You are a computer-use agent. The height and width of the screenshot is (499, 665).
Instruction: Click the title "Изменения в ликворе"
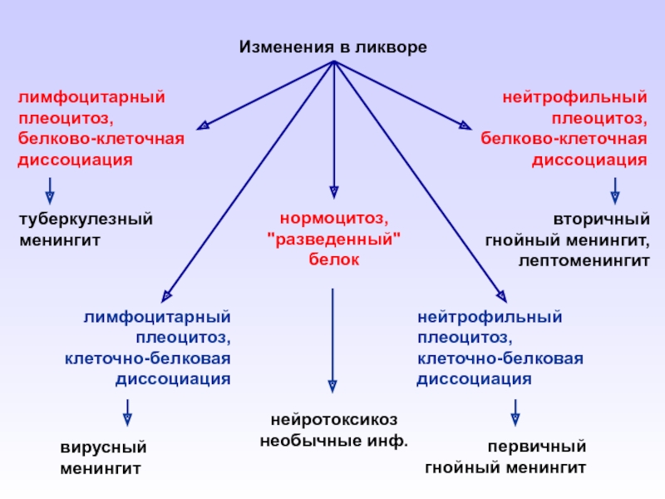(x=332, y=47)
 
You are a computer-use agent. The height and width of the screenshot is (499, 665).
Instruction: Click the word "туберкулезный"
(x=86, y=220)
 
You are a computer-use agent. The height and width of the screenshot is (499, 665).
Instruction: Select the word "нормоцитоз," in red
(x=333, y=220)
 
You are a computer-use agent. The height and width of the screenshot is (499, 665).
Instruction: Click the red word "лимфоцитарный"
(x=91, y=97)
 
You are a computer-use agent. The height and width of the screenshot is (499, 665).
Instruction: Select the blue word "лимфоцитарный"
(x=156, y=318)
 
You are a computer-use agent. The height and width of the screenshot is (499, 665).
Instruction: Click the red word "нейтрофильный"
(x=574, y=97)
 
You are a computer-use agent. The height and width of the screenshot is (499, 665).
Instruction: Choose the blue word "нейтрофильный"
(x=490, y=318)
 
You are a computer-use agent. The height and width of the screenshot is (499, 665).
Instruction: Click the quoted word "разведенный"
(x=333, y=240)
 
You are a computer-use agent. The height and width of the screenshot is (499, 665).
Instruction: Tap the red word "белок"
(x=333, y=260)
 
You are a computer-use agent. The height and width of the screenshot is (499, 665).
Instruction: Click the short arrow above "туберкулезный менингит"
(x=50, y=190)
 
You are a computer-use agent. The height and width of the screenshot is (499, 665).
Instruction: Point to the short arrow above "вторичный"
(x=615, y=190)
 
